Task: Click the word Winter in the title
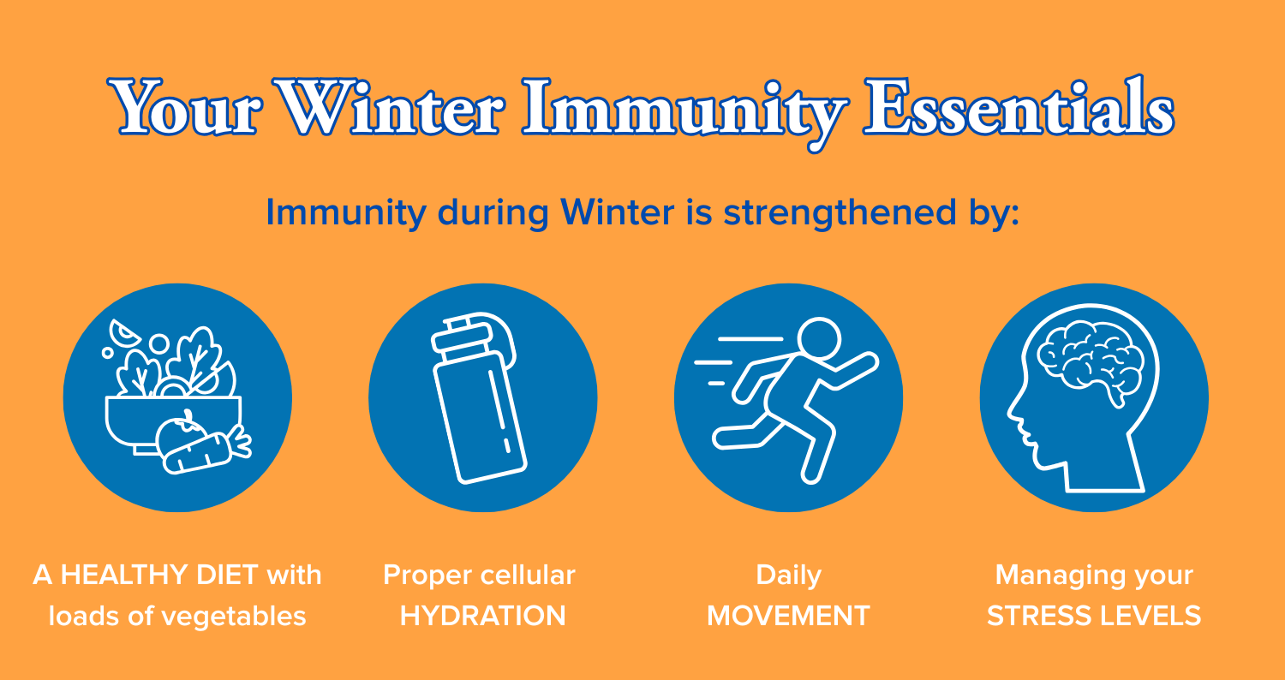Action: point(389,108)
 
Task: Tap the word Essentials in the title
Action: point(1019,107)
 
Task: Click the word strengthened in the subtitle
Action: point(840,213)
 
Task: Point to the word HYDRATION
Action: point(483,617)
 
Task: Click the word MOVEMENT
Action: point(788,617)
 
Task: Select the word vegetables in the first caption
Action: point(234,617)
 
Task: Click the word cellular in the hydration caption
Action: point(527,575)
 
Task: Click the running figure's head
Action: point(819,339)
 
